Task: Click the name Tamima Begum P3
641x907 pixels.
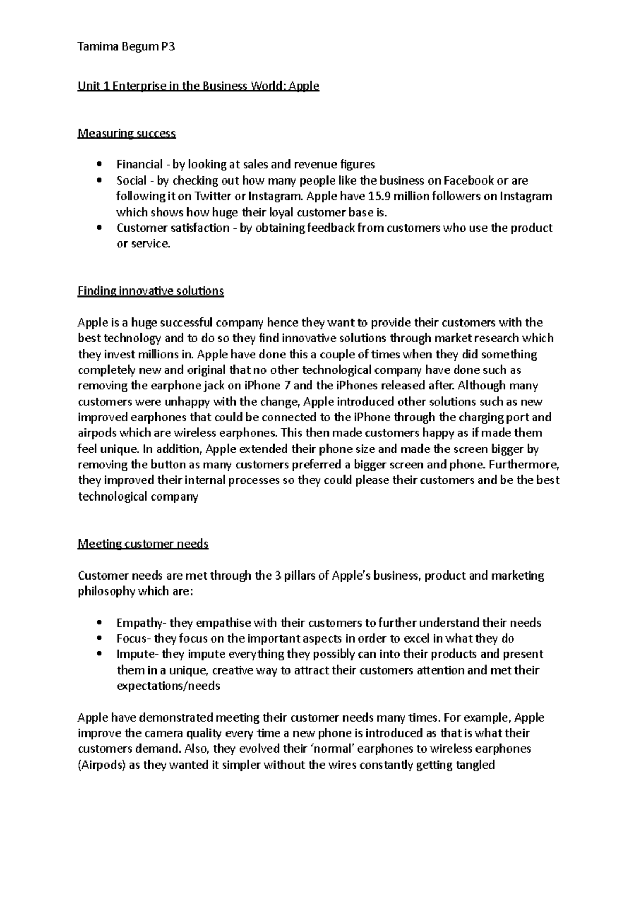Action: coord(126,48)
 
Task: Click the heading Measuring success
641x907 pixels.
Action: coord(127,133)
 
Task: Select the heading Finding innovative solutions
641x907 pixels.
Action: coord(151,291)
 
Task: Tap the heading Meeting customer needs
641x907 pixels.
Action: coord(143,544)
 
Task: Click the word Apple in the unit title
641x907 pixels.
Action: coord(304,86)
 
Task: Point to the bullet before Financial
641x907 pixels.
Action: coord(99,165)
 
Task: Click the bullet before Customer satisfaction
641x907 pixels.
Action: coord(99,228)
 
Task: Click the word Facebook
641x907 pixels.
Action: coord(465,181)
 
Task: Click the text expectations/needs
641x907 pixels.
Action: coord(168,686)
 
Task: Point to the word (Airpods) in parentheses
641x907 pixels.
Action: coord(102,765)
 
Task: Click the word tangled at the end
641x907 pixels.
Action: coord(475,765)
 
